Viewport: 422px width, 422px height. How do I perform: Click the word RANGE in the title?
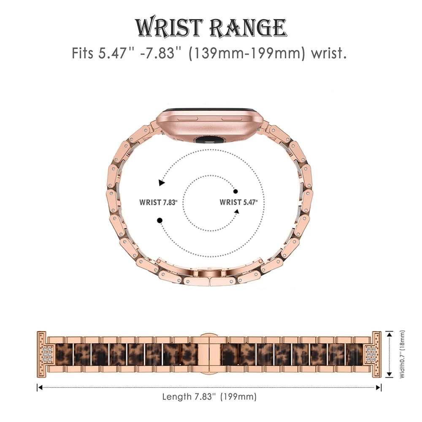coord(248,28)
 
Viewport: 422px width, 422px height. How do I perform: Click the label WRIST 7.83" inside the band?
coord(158,203)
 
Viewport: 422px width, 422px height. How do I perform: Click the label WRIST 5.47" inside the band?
coord(238,203)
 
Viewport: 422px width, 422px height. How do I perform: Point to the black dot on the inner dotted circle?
coord(235,191)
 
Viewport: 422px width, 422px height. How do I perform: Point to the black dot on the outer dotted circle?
coord(160,220)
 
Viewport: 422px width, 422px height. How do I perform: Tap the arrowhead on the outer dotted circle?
coord(162,183)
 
